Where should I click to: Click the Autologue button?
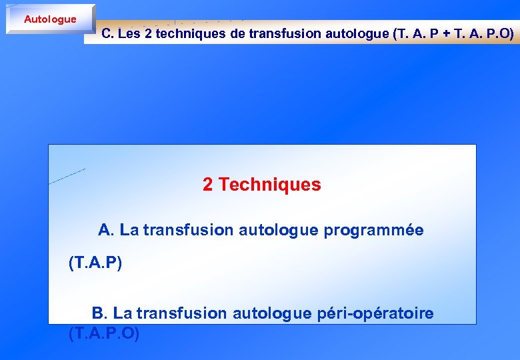50,19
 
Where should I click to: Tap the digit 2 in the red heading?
208,185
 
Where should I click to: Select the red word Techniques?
269,185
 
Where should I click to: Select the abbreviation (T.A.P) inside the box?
95,263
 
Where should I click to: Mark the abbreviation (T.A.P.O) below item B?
104,333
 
